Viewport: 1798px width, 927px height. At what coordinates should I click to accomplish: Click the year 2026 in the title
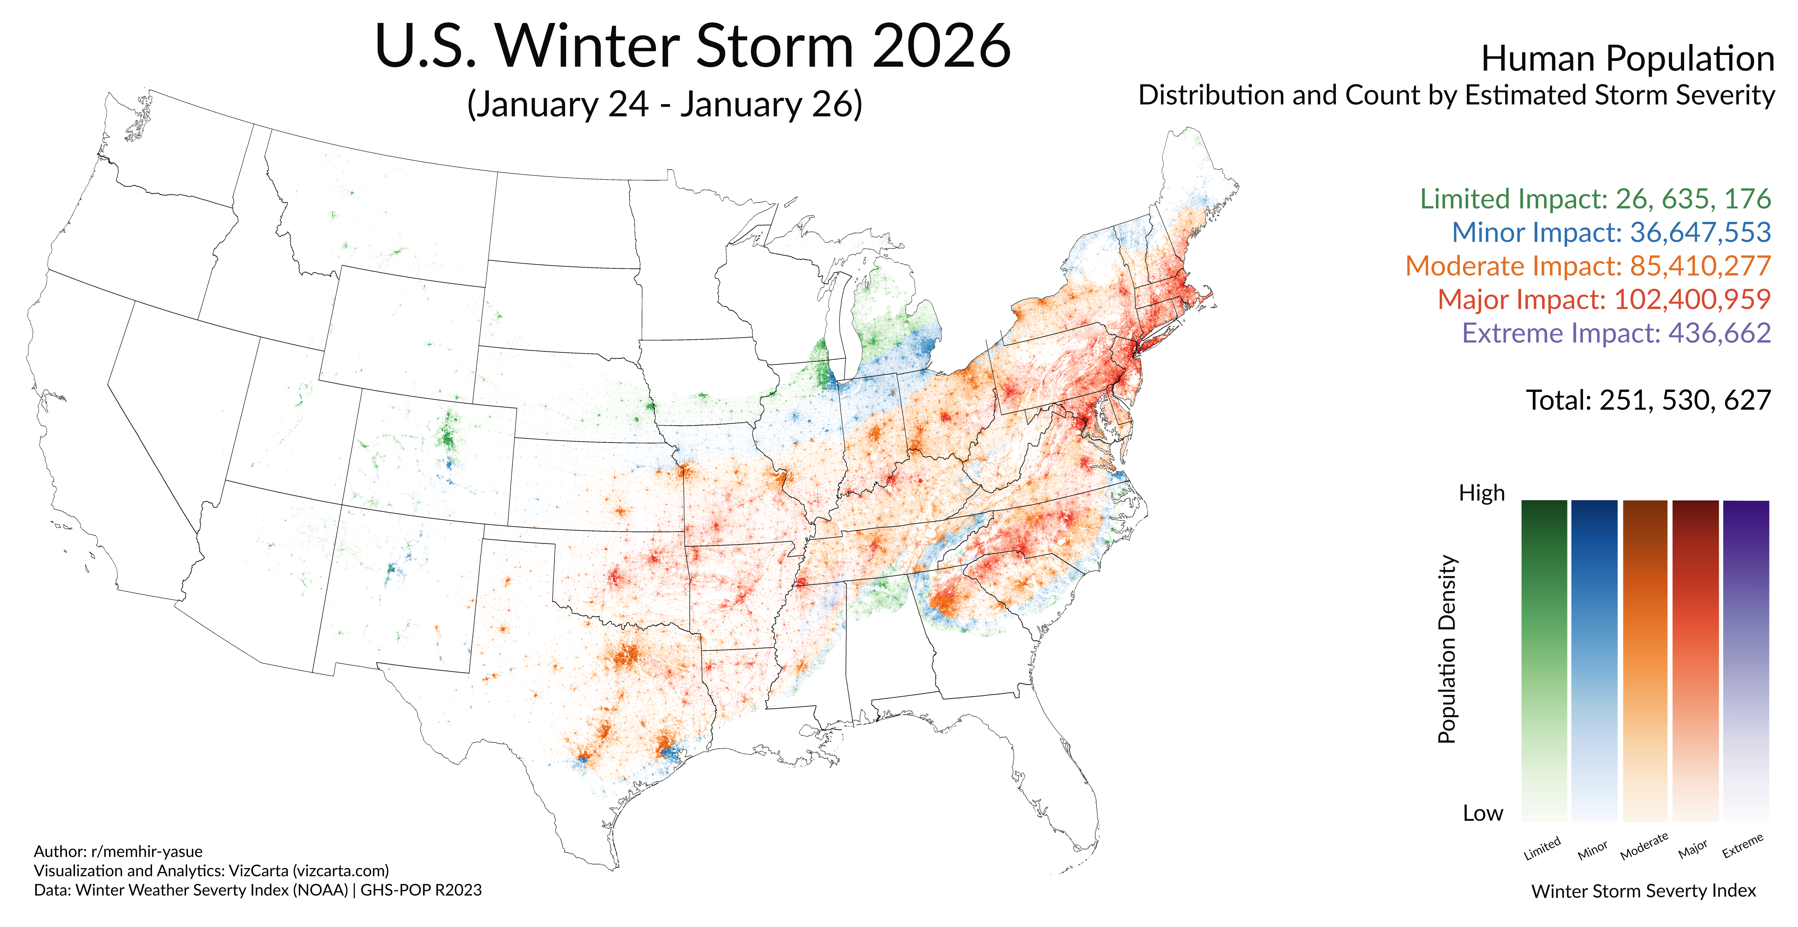(x=941, y=46)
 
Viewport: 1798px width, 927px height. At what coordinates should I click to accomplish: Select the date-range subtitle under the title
(x=664, y=104)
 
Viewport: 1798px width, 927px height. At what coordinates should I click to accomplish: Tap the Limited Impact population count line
(x=1595, y=199)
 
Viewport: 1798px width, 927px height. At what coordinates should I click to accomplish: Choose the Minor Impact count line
(x=1611, y=233)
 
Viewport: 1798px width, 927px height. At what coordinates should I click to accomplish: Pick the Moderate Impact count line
(x=1588, y=266)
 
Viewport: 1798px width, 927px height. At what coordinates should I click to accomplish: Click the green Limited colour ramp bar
(x=1544, y=660)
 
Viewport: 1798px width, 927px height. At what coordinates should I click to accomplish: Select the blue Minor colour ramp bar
(x=1594, y=660)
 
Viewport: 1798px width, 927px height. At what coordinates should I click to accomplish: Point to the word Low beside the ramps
(x=1483, y=813)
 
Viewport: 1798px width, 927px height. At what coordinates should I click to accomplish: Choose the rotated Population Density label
(x=1448, y=649)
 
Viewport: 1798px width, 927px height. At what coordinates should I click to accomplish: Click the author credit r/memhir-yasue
(x=147, y=852)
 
